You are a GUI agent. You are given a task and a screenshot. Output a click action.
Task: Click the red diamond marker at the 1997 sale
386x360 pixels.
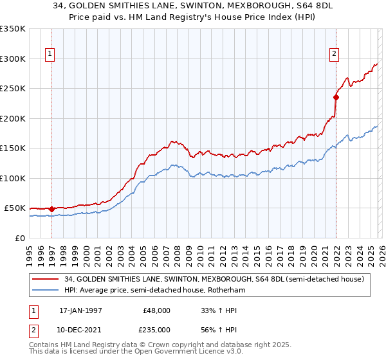pyautogui.click(x=51, y=209)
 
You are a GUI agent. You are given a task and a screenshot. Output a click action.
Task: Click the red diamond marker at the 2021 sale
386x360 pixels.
pyautogui.click(x=336, y=98)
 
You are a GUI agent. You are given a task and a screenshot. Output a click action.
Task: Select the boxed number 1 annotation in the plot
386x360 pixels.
pyautogui.click(x=50, y=55)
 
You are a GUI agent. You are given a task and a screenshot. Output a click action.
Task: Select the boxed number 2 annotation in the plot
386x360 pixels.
pyautogui.click(x=335, y=55)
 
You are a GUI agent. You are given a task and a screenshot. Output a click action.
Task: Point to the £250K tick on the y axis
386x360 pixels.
pyautogui.click(x=13, y=89)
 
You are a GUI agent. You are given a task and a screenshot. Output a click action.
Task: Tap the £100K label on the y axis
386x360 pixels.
pyautogui.click(x=13, y=178)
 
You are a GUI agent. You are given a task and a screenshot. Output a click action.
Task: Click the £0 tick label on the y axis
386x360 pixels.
pyautogui.click(x=19, y=238)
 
